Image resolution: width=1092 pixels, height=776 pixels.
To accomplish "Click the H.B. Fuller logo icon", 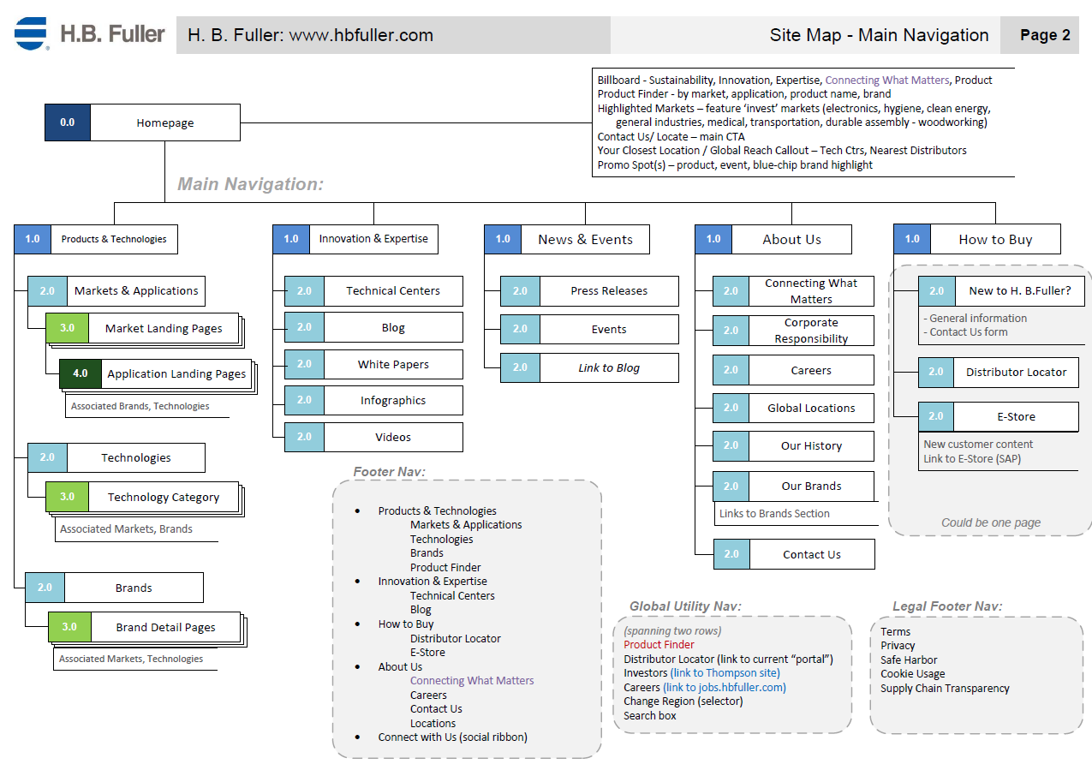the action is coord(31,33).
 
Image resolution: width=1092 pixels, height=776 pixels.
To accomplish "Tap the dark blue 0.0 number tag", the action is coord(68,122).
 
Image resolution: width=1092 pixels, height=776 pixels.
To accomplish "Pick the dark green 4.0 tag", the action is coord(81,373).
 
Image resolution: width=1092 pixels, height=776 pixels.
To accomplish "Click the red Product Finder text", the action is coord(659,645).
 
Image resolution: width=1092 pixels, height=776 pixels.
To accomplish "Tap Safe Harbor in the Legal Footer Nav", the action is coord(909,660).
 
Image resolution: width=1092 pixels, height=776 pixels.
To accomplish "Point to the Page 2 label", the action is coord(1045,35).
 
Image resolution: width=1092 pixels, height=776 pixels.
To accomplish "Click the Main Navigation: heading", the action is coord(250,184).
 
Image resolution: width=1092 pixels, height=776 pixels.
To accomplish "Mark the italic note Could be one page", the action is coord(991,522).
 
